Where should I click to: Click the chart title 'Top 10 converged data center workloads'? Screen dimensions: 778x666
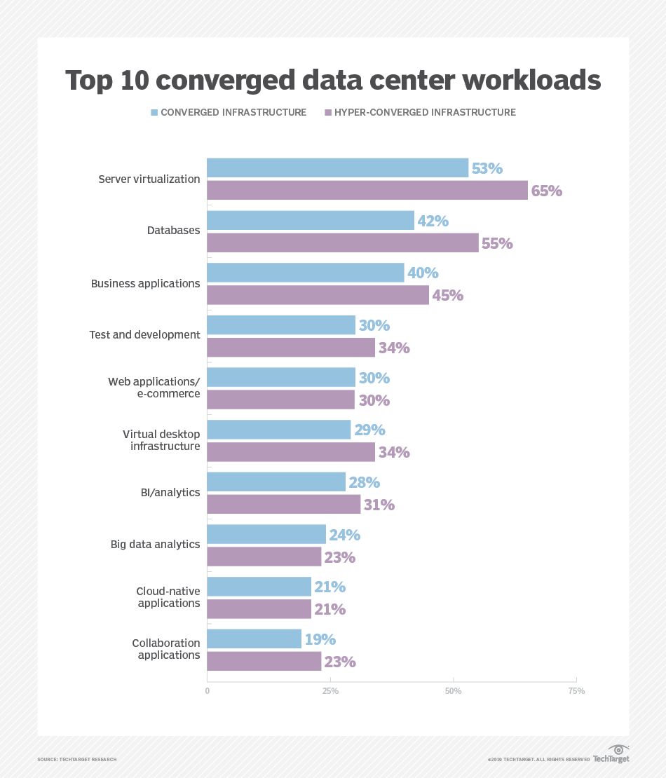click(333, 81)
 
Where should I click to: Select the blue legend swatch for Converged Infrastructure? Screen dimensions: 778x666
click(154, 112)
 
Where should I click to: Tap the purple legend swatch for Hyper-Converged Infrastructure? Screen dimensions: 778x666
click(327, 112)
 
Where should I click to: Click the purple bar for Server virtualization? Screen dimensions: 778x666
click(367, 190)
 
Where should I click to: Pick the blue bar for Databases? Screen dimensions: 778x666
click(311, 221)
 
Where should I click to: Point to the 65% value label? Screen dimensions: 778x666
click(547, 191)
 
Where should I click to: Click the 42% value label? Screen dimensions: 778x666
click(433, 221)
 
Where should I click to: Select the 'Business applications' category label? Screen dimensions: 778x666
click(145, 284)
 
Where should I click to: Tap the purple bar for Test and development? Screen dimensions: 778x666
click(291, 347)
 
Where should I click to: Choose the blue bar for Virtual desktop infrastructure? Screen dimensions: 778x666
click(278, 430)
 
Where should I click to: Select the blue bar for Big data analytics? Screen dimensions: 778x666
click(266, 534)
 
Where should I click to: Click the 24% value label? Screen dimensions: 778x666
click(344, 535)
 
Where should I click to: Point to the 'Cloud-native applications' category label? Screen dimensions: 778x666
click(168, 597)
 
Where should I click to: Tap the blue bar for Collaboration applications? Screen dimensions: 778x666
click(254, 639)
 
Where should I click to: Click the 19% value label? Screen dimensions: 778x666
click(320, 639)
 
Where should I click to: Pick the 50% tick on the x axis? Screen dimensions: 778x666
click(454, 691)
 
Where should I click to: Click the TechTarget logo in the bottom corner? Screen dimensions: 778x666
click(611, 755)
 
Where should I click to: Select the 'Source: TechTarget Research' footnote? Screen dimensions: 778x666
click(77, 759)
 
